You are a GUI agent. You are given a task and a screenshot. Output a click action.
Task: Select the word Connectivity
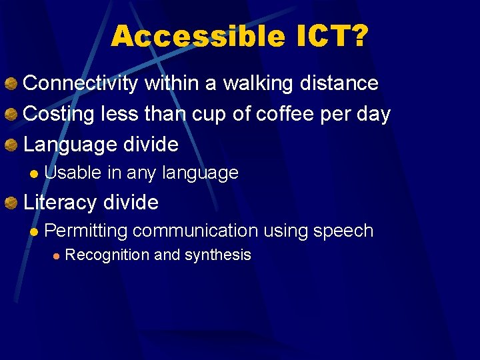(81, 84)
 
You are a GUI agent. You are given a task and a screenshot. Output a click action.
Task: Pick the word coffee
(281, 114)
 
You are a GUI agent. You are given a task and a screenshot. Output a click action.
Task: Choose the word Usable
(73, 173)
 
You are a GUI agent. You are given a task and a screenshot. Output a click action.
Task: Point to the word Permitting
(86, 231)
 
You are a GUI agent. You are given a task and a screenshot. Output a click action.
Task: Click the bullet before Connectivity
(11, 84)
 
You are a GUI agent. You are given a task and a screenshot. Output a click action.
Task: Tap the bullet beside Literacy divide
(11, 202)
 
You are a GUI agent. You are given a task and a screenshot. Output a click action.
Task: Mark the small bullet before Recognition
(57, 255)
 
